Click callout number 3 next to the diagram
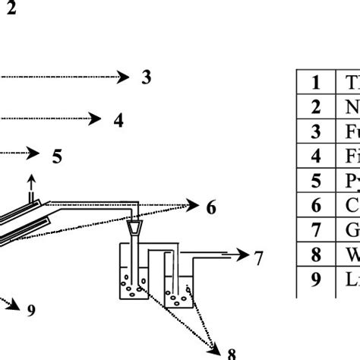tap(147, 76)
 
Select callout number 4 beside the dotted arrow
tap(118, 119)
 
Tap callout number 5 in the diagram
tap(57, 156)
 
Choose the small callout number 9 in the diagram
tap(31, 309)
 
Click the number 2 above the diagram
tap(11, 11)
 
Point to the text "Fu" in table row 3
tap(351, 132)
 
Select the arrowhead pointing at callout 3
tap(124, 76)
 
